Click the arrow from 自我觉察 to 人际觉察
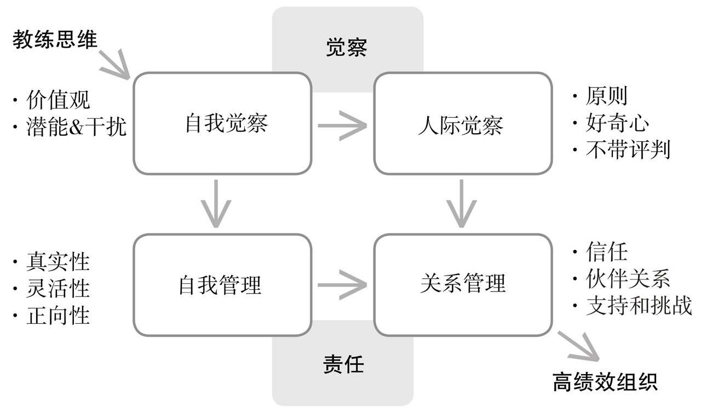(342, 125)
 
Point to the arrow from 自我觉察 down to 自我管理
(216, 203)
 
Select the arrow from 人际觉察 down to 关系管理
(461, 203)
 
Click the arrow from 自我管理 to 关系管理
(342, 285)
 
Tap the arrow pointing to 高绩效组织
(578, 346)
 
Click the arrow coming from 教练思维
(114, 64)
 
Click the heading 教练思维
(55, 40)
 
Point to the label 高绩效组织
(605, 382)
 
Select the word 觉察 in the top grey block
(347, 48)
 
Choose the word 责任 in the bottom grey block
(343, 365)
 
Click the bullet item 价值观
(59, 100)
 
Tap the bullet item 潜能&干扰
(76, 127)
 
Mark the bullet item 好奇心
(617, 123)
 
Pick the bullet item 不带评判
(628, 150)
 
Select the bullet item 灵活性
(59, 289)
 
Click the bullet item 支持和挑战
(639, 306)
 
